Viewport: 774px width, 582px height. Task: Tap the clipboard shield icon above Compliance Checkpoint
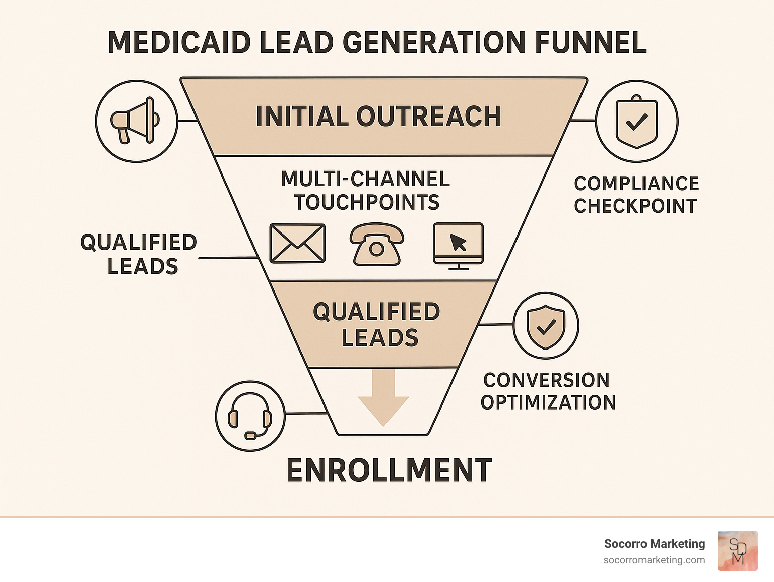click(x=637, y=121)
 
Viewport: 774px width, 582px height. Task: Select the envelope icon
click(x=297, y=244)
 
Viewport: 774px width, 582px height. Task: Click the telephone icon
click(x=377, y=244)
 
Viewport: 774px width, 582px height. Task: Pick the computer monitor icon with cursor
click(x=458, y=244)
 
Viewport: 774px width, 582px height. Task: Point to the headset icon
click(x=250, y=416)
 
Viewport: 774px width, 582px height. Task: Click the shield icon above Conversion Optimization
click(x=546, y=325)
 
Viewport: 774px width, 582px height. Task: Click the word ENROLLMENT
click(x=389, y=471)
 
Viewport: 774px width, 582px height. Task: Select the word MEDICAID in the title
click(x=179, y=42)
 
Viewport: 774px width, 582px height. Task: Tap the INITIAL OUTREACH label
click(x=378, y=117)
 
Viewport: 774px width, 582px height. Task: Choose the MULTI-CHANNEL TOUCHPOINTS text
click(x=366, y=191)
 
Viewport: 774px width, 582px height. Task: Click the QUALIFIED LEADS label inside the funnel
click(x=377, y=325)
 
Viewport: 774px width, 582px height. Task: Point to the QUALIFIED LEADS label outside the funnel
click(x=139, y=254)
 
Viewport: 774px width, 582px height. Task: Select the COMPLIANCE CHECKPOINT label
click(x=636, y=195)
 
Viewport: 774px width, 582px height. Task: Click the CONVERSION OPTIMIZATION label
click(x=548, y=391)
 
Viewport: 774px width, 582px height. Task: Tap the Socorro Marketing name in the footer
click(x=655, y=544)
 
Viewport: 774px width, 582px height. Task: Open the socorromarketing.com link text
click(x=654, y=560)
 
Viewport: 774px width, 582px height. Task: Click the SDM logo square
click(x=737, y=551)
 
